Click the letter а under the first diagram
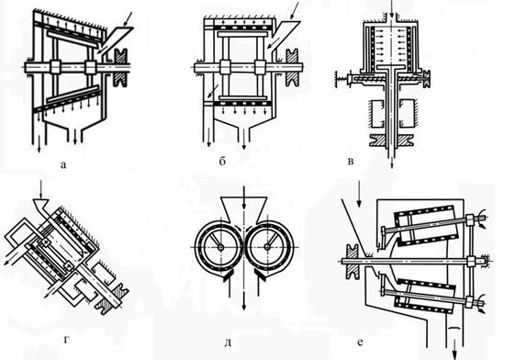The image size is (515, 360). point(63,164)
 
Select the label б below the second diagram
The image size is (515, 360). point(222,162)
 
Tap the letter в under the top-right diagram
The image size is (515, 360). point(351,162)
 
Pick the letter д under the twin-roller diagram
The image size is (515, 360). point(229,343)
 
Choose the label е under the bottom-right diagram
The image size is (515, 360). point(360,342)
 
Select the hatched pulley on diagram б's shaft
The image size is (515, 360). point(292,68)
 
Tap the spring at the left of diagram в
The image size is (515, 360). point(343,80)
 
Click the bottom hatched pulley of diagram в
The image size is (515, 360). point(391,141)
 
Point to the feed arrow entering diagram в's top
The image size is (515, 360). point(391,9)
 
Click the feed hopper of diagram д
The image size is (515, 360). point(243,209)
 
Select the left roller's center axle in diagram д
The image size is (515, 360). point(220,247)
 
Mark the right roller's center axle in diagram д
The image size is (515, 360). point(268,247)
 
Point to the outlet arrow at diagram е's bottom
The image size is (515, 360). point(455,353)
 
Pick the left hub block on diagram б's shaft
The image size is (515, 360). point(225,67)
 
